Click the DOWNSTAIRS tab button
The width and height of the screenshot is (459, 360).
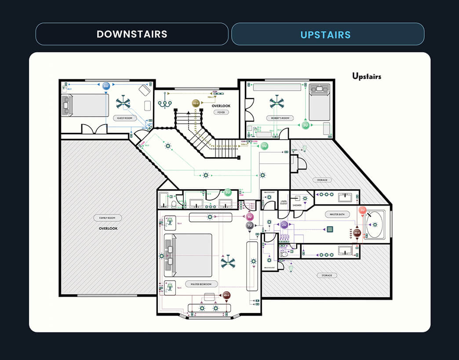pyautogui.click(x=132, y=34)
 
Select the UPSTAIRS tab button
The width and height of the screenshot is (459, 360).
pyautogui.click(x=328, y=34)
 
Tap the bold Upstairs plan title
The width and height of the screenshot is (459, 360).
pyautogui.click(x=367, y=76)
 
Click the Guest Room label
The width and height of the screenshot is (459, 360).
pyautogui.click(x=125, y=118)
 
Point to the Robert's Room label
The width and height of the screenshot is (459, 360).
pyautogui.click(x=280, y=118)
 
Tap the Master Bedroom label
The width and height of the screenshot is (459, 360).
pyautogui.click(x=201, y=284)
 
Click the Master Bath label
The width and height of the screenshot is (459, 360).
pyautogui.click(x=337, y=214)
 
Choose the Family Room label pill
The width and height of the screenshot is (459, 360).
pyautogui.click(x=107, y=218)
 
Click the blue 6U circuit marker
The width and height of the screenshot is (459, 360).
pyautogui.click(x=106, y=86)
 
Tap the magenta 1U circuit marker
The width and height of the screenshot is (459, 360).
pyautogui.click(x=250, y=217)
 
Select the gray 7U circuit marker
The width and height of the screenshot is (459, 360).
pyautogui.click(x=250, y=225)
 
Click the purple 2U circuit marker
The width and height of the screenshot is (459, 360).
pyautogui.click(x=284, y=225)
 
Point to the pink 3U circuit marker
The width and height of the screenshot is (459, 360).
pyautogui.click(x=362, y=210)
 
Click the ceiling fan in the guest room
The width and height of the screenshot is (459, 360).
pyautogui.click(x=123, y=103)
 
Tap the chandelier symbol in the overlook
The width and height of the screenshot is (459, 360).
pyautogui.click(x=165, y=102)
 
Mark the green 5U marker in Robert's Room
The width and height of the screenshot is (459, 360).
pyautogui.click(x=306, y=125)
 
